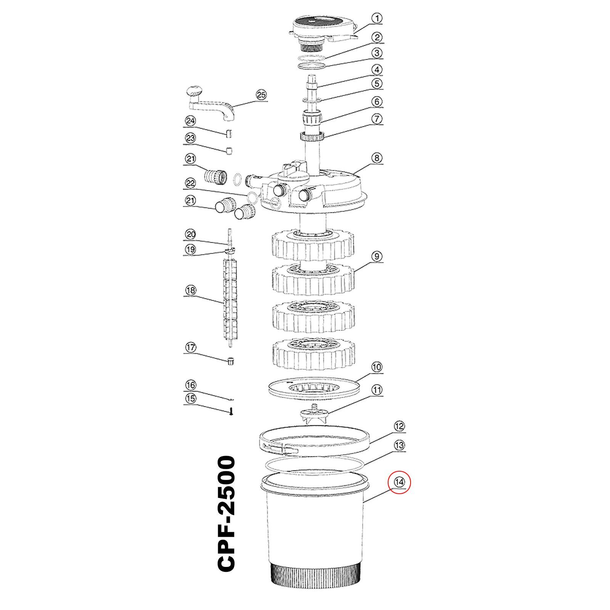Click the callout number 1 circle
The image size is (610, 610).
(x=377, y=18)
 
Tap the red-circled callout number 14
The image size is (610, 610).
(x=399, y=482)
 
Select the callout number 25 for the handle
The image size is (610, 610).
(x=261, y=95)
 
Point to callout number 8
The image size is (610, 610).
(x=377, y=158)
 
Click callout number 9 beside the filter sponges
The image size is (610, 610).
(x=377, y=256)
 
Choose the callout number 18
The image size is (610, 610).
(x=190, y=291)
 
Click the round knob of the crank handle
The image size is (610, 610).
(x=195, y=92)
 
